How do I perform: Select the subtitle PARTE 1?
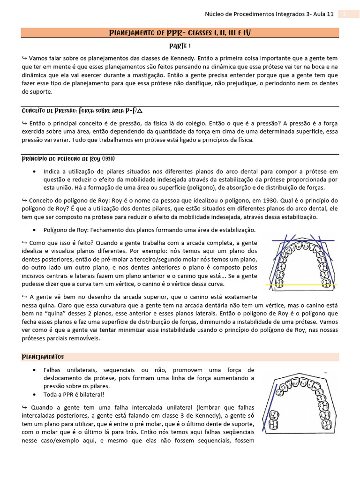(x=180, y=46)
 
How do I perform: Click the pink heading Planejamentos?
(x=43, y=357)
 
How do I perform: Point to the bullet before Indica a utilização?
(x=36, y=171)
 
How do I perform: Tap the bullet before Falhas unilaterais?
(x=36, y=370)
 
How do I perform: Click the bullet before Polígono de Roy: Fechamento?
(x=36, y=230)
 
